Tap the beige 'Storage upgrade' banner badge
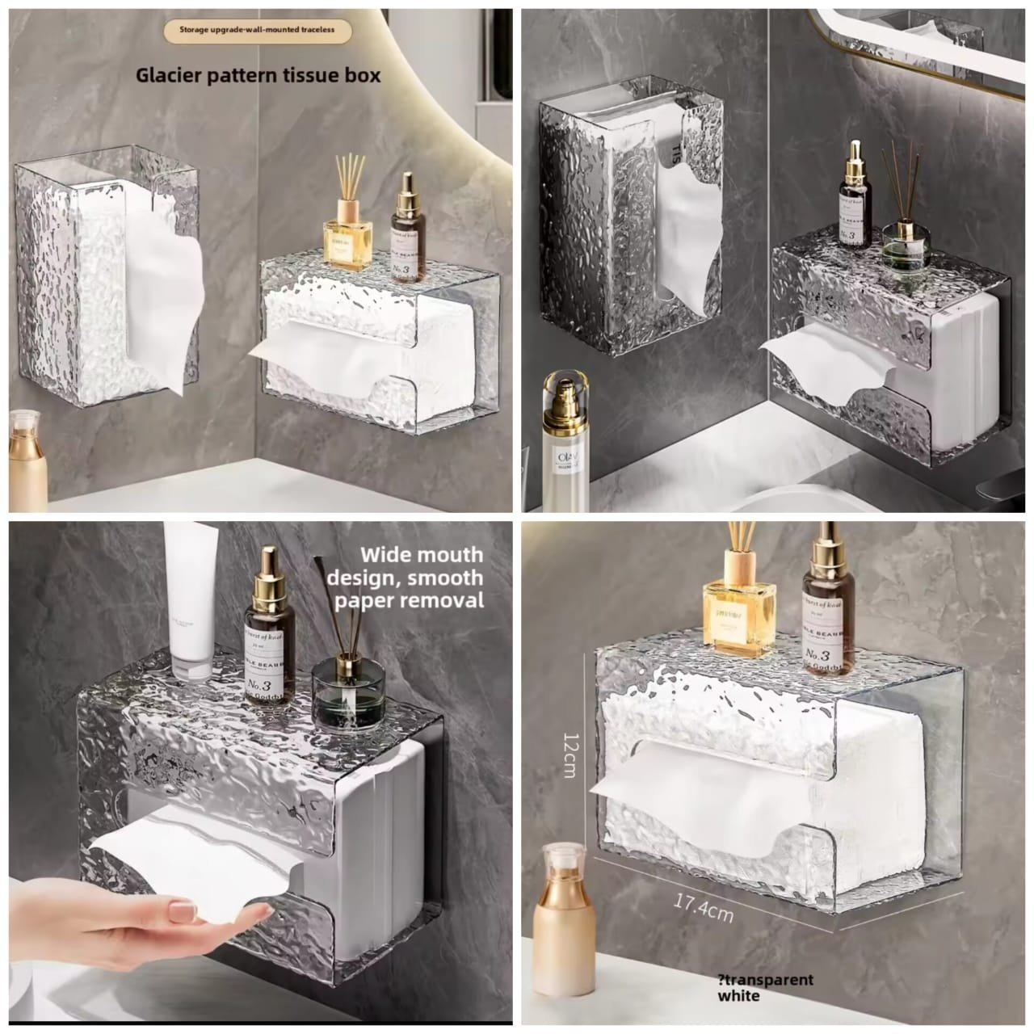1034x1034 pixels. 257,31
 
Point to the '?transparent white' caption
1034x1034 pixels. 764,987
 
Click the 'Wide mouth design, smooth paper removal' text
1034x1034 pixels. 421,577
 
